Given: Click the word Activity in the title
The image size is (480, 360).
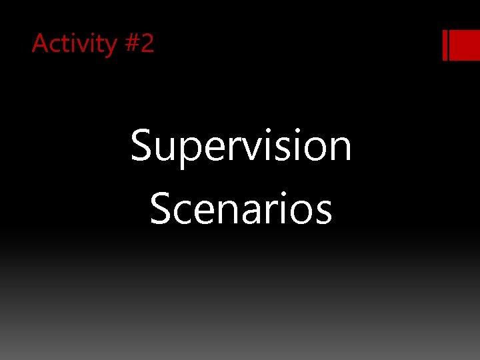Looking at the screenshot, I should pos(74,44).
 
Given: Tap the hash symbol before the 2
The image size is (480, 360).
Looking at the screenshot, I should pos(131,44).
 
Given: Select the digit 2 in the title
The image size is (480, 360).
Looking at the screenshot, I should pos(147,43).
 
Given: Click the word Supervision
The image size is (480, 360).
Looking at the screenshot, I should pos(241,147).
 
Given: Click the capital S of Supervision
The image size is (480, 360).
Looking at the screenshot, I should pos(141,146).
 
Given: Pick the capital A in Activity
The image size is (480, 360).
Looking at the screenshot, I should pos(40,43).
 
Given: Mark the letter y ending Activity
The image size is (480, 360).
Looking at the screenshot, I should pos(110,47).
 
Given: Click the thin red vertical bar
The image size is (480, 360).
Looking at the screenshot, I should pos(445,45).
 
